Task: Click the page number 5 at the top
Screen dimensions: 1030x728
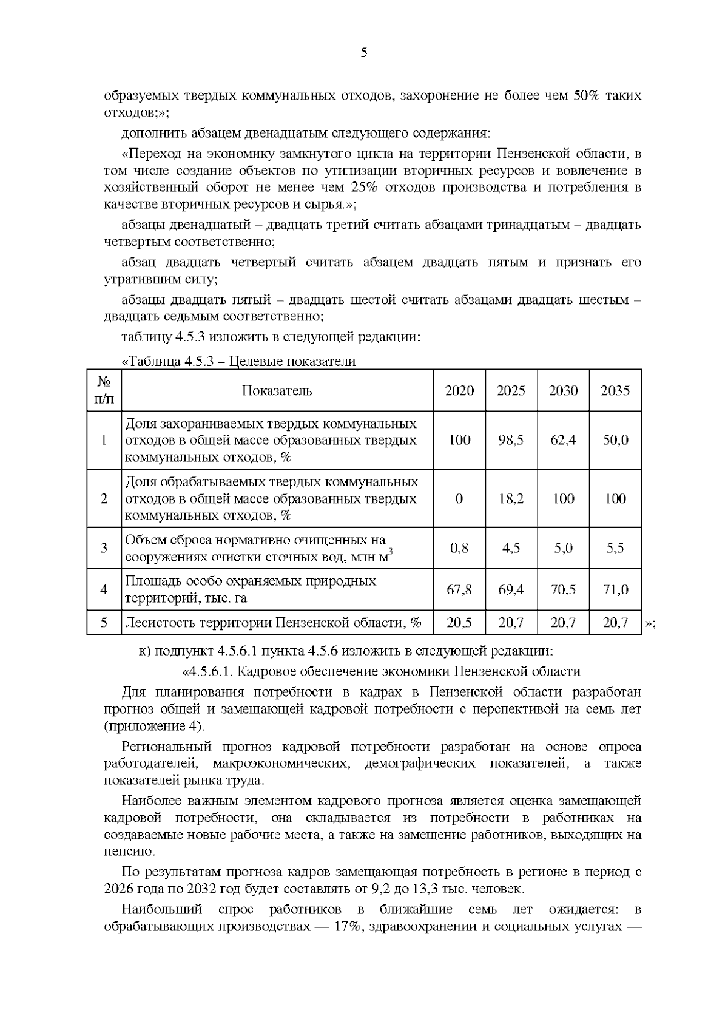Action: click(363, 53)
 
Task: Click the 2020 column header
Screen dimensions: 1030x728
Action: click(459, 391)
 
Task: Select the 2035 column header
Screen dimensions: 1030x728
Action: click(615, 391)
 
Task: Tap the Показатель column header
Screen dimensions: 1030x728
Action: click(277, 391)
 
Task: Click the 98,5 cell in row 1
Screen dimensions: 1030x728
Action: click(511, 440)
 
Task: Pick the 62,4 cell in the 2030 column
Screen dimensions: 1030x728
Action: click(563, 440)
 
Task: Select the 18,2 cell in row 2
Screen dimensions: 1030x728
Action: click(511, 499)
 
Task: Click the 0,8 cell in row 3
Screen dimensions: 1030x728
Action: click(459, 548)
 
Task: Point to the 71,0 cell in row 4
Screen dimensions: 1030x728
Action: click(615, 589)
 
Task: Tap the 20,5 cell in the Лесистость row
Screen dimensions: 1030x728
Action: click(459, 623)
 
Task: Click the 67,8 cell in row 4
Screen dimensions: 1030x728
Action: click(459, 589)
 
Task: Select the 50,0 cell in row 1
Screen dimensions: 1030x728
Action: click(615, 440)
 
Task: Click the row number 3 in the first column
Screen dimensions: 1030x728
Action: click(104, 548)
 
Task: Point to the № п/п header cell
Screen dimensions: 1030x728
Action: click(104, 391)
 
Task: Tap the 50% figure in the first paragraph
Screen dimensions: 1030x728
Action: click(587, 96)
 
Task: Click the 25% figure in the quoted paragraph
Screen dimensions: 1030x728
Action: click(363, 187)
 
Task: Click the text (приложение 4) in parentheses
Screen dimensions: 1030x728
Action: click(155, 726)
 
